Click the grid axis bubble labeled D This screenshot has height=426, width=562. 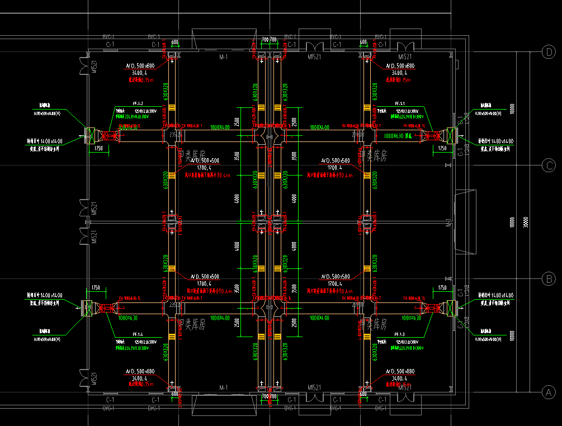tap(549, 52)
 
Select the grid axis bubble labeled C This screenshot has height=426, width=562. tap(549, 165)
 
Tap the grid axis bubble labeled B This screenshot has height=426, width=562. tap(549, 278)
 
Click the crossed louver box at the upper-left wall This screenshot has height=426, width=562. tap(90, 135)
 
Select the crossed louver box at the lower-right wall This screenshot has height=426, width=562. tap(451, 307)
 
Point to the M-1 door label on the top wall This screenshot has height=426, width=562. tap(224, 57)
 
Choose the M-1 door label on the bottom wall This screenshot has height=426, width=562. tap(224, 387)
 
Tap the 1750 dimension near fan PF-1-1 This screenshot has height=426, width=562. tap(442, 148)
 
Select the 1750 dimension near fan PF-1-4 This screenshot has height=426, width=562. tap(96, 287)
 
